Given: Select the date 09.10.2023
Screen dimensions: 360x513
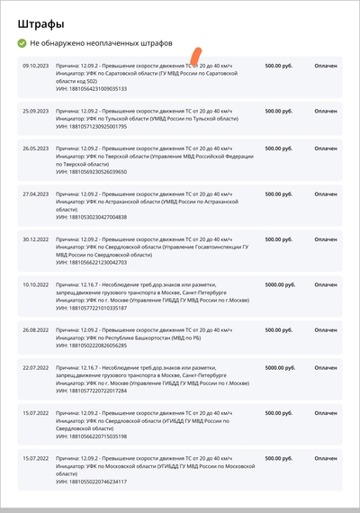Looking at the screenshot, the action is pos(36,66).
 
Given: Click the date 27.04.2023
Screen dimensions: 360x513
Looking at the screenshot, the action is pos(36,193).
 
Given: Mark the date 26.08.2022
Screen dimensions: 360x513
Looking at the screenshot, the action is pos(36,329).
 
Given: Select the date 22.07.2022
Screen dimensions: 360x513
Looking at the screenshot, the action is pos(36,367).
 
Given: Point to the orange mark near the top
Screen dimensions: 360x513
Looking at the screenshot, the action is pos(195,57).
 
